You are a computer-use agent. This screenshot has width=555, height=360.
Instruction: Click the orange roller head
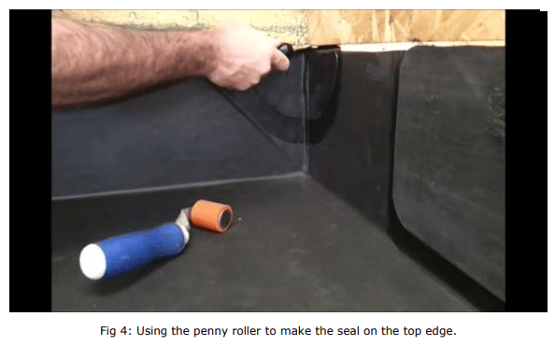[x=211, y=216]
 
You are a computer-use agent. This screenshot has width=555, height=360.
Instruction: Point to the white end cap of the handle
[x=92, y=262]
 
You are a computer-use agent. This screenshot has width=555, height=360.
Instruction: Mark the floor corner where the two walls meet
[x=304, y=173]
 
